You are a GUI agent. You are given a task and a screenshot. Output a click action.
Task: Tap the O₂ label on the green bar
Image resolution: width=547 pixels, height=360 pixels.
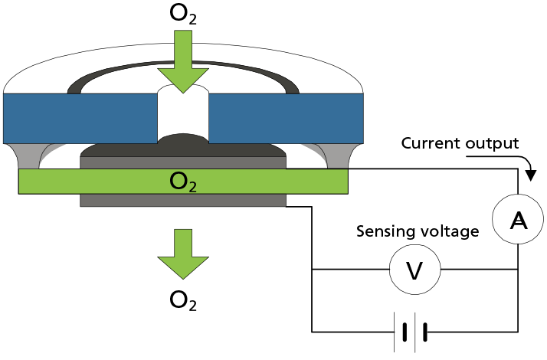click(x=183, y=182)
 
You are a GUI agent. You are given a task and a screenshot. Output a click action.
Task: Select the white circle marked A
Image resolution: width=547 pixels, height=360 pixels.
click(x=519, y=220)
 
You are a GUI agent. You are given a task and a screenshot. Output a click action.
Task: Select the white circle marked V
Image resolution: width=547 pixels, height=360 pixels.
click(x=414, y=270)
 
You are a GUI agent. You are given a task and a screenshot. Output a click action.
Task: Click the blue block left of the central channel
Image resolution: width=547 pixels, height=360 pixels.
click(x=80, y=118)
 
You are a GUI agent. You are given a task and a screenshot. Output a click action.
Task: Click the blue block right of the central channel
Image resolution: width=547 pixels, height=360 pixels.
click(x=286, y=118)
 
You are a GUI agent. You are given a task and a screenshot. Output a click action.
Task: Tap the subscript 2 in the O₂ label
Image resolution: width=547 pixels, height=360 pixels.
click(x=192, y=186)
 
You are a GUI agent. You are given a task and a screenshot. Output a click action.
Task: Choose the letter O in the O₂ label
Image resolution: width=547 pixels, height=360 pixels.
click(x=178, y=181)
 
